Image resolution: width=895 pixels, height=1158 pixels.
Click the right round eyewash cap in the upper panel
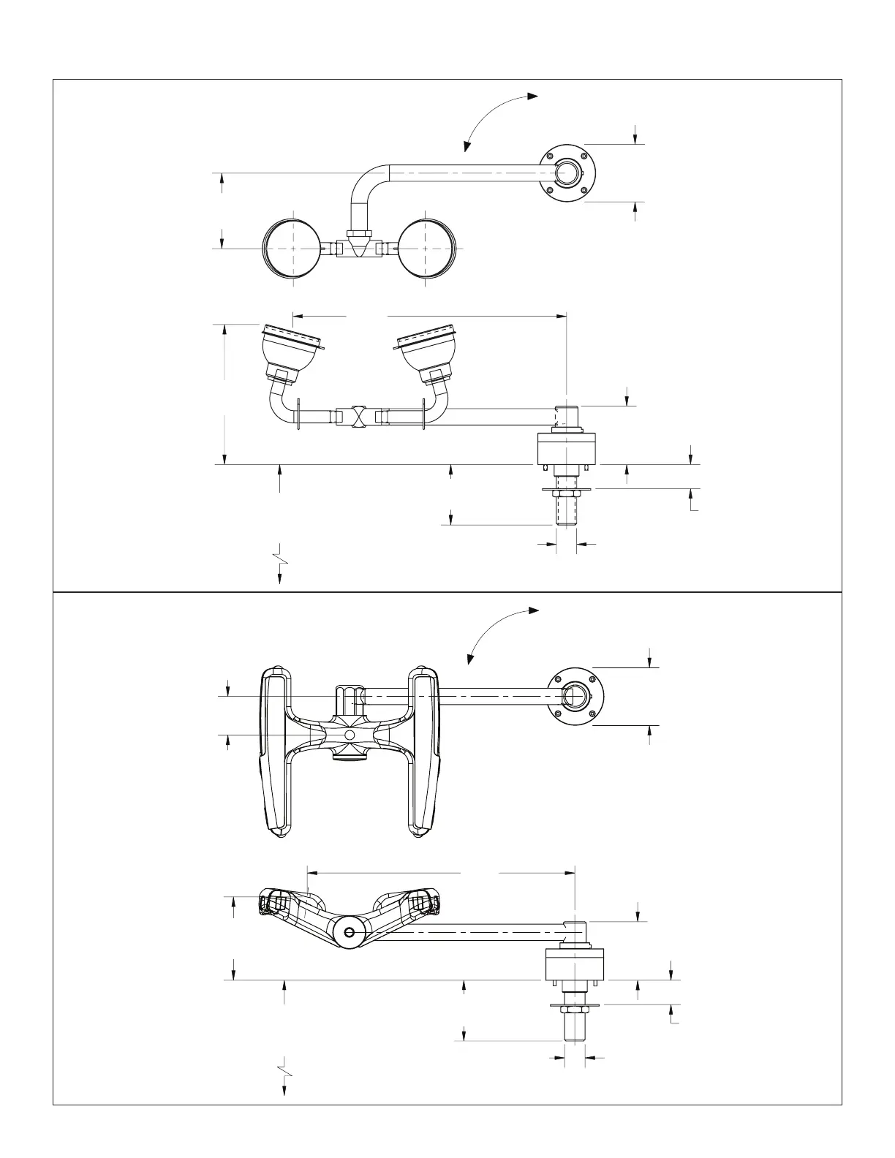(428, 248)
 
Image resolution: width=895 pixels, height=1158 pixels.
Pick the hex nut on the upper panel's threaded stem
(567, 495)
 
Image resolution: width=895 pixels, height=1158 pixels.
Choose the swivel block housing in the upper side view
(567, 448)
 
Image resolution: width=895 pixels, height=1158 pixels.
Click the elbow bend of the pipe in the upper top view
(363, 181)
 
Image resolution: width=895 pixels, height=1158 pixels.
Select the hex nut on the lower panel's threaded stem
(575, 1011)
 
